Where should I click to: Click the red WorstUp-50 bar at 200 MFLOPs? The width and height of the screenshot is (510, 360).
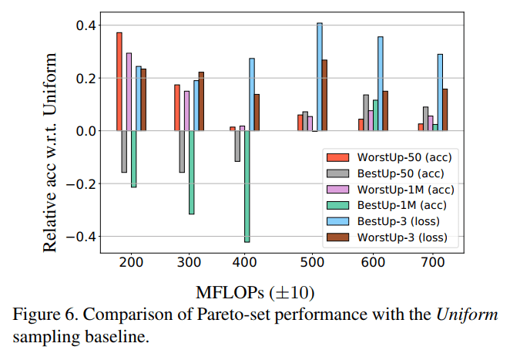click(x=119, y=82)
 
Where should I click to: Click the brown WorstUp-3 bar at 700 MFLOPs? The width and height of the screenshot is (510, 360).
click(x=445, y=109)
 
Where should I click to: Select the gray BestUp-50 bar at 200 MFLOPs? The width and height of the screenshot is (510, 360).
click(x=124, y=151)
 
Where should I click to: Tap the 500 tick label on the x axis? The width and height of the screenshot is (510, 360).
click(x=309, y=262)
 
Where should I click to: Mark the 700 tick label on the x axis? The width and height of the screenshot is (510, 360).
click(x=430, y=262)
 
